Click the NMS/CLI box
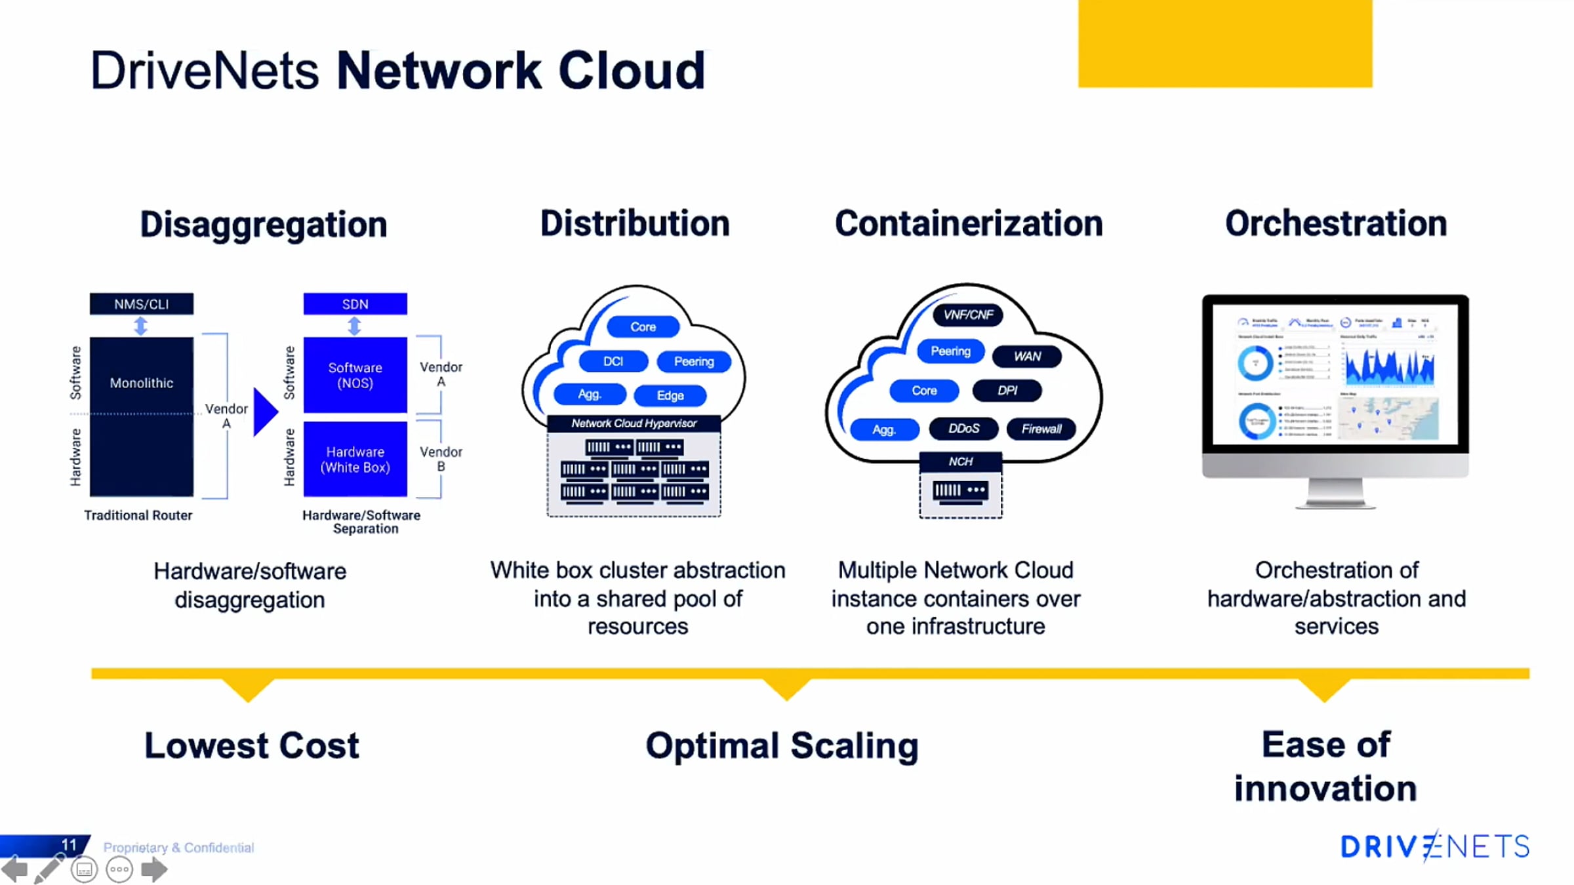coord(142,304)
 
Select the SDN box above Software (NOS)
coord(355,304)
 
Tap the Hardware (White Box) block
coord(355,459)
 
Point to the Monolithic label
coord(142,383)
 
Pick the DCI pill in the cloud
coord(613,361)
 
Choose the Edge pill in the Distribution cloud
coord(670,395)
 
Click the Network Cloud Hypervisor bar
coord(634,423)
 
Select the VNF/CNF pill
coord(968,315)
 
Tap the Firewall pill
coord(1041,429)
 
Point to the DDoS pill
coord(963,429)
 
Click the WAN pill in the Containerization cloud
coord(1027,356)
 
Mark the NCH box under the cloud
coord(960,462)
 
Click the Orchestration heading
coord(1336,224)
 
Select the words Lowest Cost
coord(252,746)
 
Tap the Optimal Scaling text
coord(782,746)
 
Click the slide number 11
coord(69,844)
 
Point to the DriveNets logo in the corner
coord(1434,846)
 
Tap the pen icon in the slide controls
coord(49,870)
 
